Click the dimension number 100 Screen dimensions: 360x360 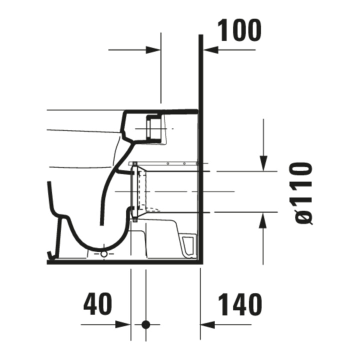[239, 30]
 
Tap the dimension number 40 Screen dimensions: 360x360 [97, 304]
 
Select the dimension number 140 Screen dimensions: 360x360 [240, 304]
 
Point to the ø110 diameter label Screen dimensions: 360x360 [303, 193]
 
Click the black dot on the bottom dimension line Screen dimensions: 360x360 [146, 324]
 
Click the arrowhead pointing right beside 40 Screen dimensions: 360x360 [123, 324]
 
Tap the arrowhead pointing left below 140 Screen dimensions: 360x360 [207, 324]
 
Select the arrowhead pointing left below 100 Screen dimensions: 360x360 [211, 49]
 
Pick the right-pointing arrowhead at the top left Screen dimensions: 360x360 [153, 49]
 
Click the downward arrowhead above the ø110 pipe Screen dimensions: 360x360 [263, 163]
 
